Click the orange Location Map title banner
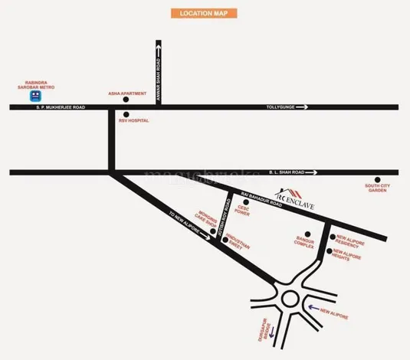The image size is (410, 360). pos(203,14)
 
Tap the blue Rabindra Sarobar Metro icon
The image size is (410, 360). pos(34,97)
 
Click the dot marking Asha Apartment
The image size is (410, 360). pos(126,100)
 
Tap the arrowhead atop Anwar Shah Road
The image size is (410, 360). pos(159,47)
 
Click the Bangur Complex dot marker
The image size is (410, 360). pos(307,234)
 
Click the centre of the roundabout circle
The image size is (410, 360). pos(290,297)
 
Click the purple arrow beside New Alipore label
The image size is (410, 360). pos(311,309)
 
